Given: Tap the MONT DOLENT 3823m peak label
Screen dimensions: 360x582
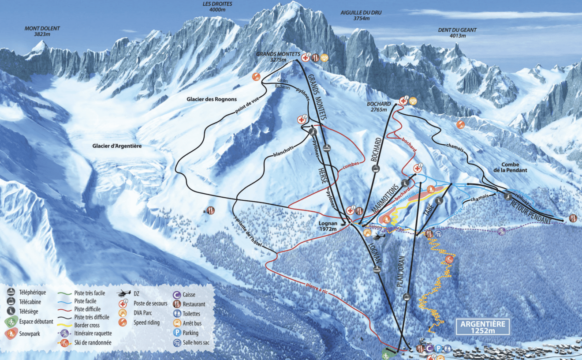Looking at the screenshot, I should point(42,31).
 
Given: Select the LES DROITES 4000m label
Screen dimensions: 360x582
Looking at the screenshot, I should point(217,7).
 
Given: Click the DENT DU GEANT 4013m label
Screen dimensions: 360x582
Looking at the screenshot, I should point(457,33).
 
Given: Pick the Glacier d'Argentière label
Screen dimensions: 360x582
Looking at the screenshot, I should point(117,146).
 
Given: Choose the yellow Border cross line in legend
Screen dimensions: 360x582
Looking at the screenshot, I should point(65,325).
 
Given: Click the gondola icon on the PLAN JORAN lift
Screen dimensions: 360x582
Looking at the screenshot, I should point(407,297).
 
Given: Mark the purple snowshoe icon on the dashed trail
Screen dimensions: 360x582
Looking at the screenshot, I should point(501,231).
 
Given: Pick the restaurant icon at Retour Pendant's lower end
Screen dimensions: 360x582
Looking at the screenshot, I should point(572,217).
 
